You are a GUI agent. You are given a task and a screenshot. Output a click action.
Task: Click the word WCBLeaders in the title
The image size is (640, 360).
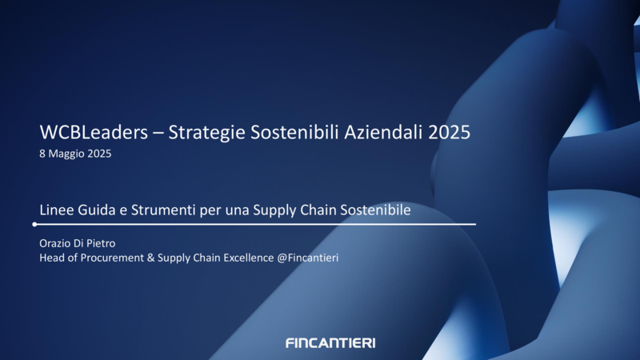[x=94, y=132]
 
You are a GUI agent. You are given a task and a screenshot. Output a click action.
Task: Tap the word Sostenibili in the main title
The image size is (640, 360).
[x=294, y=132]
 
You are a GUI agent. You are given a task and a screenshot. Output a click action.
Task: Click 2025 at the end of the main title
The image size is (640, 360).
[x=449, y=132]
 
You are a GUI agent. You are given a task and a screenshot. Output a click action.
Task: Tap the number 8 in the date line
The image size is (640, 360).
[x=42, y=154]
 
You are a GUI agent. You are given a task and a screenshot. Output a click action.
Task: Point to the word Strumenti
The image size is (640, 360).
[x=163, y=210]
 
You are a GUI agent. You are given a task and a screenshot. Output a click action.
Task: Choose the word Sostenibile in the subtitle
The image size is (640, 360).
[x=375, y=210]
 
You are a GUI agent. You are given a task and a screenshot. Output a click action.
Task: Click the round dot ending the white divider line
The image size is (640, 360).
[x=34, y=224]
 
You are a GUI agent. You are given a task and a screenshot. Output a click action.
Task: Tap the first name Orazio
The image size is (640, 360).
[x=55, y=243]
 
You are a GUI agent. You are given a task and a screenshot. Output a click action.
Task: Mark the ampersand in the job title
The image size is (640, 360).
[x=150, y=258]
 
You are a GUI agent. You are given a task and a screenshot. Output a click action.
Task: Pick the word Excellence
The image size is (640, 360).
[x=249, y=258]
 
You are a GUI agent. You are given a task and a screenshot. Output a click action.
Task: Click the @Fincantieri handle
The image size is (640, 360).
[x=308, y=258]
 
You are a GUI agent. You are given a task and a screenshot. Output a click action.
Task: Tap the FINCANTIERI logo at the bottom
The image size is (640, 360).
[x=330, y=343]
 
